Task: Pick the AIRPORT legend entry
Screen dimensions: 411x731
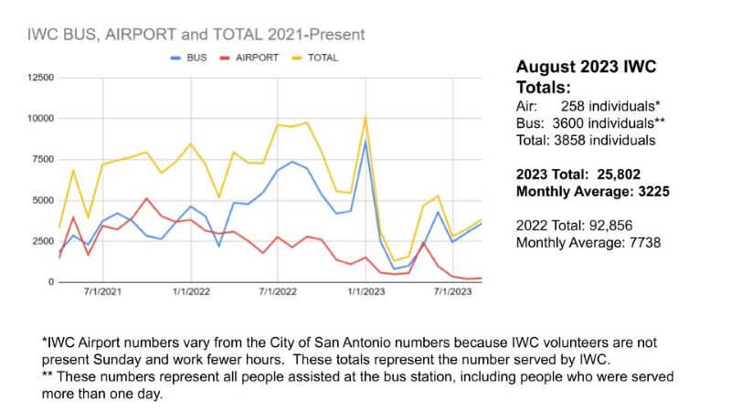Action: pyautogui.click(x=256, y=58)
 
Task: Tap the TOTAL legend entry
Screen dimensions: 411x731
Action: pyautogui.click(x=322, y=58)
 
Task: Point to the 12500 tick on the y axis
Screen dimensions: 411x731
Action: pyautogui.click(x=40, y=78)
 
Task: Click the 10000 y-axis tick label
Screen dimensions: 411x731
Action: pyautogui.click(x=40, y=119)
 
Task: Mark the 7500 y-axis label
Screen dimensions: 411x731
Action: pyautogui.click(x=43, y=160)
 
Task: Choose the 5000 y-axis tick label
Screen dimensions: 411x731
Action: pyautogui.click(x=43, y=201)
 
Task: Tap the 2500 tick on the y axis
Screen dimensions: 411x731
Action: pyautogui.click(x=43, y=241)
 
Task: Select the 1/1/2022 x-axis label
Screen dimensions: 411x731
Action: pyautogui.click(x=190, y=293)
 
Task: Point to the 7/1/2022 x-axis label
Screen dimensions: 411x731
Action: pyautogui.click(x=277, y=293)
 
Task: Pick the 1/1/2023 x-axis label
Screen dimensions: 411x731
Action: pyautogui.click(x=365, y=293)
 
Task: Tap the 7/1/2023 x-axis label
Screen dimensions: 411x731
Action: pyautogui.click(x=452, y=293)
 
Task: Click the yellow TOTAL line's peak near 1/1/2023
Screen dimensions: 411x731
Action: pyautogui.click(x=365, y=117)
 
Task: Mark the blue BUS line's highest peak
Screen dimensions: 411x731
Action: pyautogui.click(x=365, y=142)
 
